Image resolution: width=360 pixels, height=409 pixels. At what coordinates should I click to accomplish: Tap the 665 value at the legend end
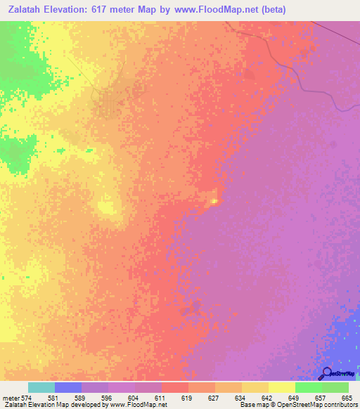(348, 397)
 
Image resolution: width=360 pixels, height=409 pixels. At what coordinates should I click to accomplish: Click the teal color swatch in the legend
(41, 387)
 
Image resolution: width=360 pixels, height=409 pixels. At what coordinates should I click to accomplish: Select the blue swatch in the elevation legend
(68, 387)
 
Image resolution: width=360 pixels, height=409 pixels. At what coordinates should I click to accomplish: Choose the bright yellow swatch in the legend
(282, 387)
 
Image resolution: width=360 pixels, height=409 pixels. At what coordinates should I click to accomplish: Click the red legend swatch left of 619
(175, 387)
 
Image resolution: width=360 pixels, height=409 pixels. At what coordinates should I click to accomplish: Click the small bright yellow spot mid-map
(214, 201)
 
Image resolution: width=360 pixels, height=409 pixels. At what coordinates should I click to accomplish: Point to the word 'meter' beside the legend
(11, 397)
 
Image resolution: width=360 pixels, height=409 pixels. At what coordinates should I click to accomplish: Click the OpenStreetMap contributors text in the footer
(323, 405)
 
